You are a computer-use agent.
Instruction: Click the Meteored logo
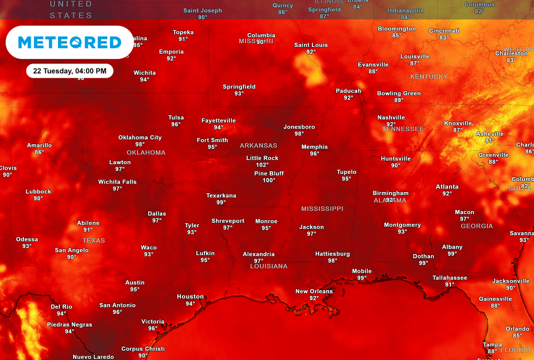69,42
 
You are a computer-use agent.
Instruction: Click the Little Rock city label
262,158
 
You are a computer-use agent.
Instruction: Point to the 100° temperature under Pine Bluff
269,181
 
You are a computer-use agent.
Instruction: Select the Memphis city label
314,147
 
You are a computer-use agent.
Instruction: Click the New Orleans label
313,292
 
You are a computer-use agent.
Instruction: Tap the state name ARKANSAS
258,146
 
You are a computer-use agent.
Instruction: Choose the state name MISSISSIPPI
322,209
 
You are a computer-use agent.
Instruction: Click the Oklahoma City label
140,138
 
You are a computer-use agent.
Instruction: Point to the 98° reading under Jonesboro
299,134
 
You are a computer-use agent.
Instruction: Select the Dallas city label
156,214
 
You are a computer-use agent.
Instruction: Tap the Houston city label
190,297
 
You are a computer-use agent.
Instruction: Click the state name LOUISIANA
269,266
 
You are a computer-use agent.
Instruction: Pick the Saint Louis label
311,45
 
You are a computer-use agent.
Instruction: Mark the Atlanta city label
447,187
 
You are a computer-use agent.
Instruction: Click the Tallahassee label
450,278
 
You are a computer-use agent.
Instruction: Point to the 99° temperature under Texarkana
221,202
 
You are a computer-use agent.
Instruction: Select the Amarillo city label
39,146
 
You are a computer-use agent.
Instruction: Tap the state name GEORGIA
477,226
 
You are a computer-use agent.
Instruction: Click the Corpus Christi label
143,349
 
